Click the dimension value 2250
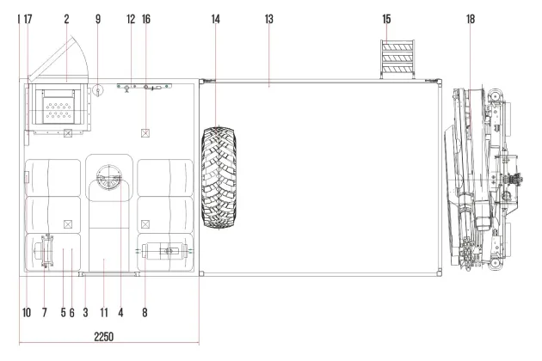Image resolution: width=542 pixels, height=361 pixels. click(104, 336)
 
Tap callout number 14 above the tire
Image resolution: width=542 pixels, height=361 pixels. click(215, 19)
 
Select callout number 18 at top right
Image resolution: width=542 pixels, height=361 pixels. click(471, 19)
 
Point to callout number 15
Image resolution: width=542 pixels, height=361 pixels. click(386, 19)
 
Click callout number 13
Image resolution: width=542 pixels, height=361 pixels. click(269, 19)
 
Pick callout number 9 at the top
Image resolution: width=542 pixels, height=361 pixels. click(98, 19)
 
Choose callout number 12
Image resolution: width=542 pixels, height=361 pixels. click(131, 19)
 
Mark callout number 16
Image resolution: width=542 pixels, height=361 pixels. click(146, 19)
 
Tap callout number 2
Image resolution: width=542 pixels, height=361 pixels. click(66, 19)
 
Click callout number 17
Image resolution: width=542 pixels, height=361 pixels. click(28, 19)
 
